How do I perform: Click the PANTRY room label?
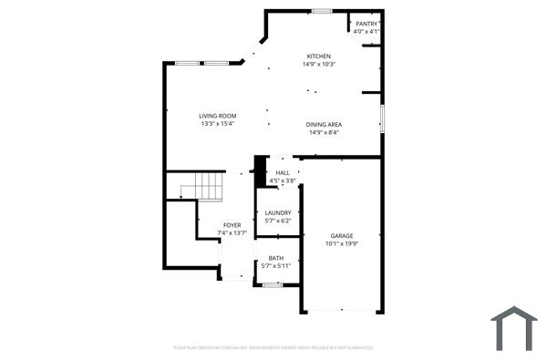point(366,24)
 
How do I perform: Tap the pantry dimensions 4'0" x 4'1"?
point(366,31)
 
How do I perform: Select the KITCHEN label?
point(319,56)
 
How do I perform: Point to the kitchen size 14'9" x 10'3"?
point(319,64)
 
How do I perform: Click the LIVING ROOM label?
point(218,116)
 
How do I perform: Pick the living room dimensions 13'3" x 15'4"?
point(218,124)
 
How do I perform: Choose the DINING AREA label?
point(324,124)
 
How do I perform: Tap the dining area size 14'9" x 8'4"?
point(324,132)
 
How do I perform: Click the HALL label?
point(283,172)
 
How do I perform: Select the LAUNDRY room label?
point(278,213)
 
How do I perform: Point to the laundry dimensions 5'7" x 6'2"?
point(278,221)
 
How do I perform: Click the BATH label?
point(275,258)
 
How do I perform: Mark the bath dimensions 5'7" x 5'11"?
point(275,266)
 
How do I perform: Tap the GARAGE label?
point(342,235)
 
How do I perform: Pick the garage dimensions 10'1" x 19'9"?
point(342,243)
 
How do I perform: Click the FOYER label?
point(232,224)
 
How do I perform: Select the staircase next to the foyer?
point(206,187)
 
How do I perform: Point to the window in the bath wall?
point(272,285)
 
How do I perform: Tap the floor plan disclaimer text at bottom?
point(273,347)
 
